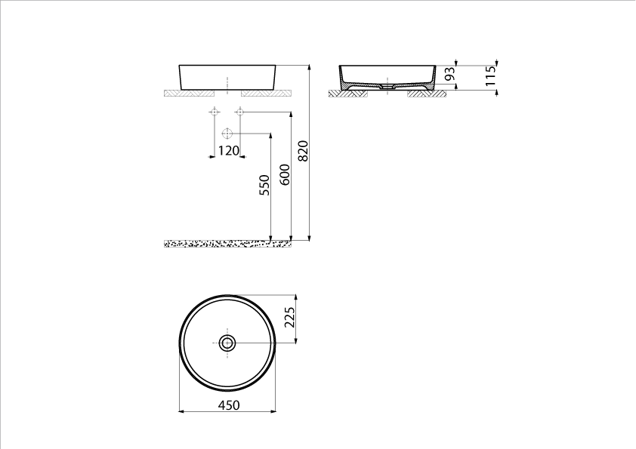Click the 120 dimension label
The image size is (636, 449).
click(228, 150)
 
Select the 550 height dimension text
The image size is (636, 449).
click(264, 186)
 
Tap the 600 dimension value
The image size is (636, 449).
click(285, 175)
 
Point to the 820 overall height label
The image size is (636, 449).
click(304, 153)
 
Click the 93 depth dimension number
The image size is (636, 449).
click(449, 75)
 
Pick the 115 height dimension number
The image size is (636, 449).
click(490, 77)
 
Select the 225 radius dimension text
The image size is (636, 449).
click(289, 318)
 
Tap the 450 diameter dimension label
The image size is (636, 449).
click(228, 405)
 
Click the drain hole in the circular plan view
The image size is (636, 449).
click(227, 343)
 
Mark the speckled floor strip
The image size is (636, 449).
click(227, 244)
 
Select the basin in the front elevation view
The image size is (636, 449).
click(227, 77)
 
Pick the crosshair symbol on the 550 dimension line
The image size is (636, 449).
click(226, 134)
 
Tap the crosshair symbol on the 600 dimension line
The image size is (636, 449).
click(240, 112)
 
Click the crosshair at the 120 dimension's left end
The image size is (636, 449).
click(214, 112)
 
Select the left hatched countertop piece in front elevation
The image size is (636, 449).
click(189, 94)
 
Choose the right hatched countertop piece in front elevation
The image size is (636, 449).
click(266, 94)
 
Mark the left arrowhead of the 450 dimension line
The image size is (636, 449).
click(181, 411)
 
